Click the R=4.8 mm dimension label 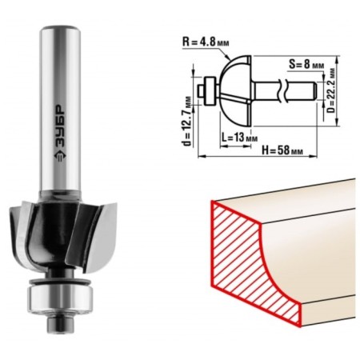pyautogui.click(x=206, y=42)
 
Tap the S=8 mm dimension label pyautogui.click(x=306, y=65)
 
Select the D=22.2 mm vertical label pyautogui.click(x=331, y=90)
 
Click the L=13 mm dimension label pyautogui.click(x=239, y=138)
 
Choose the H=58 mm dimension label pyautogui.click(x=282, y=150)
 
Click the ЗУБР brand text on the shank pyautogui.click(x=60, y=126)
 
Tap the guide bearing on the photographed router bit pyautogui.click(x=61, y=297)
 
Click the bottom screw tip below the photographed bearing pyautogui.click(x=60, y=323)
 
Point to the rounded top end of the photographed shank pyautogui.click(x=60, y=29)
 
